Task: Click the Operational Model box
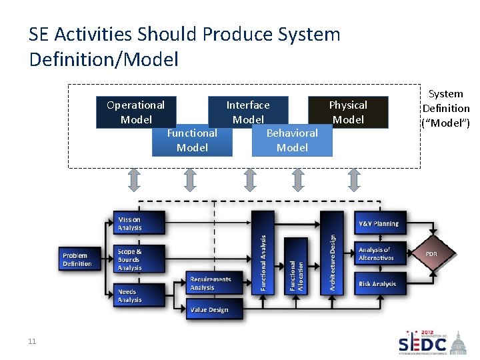[x=135, y=112]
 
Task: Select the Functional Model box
[x=192, y=141]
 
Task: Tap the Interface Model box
[x=248, y=112]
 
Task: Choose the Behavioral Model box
[x=292, y=141]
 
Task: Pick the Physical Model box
[x=348, y=112]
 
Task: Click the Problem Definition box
[x=77, y=259]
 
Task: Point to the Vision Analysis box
[x=138, y=224]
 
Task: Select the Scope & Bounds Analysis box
[x=138, y=259]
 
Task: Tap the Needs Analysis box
[x=138, y=295]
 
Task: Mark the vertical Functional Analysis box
[x=263, y=252]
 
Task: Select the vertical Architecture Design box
[x=331, y=252]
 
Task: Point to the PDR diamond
[x=432, y=253]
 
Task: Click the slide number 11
[x=32, y=342]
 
